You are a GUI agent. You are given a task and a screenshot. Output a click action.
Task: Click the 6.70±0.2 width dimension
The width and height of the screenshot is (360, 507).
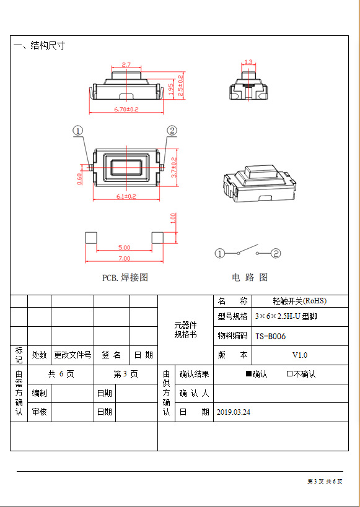(126, 110)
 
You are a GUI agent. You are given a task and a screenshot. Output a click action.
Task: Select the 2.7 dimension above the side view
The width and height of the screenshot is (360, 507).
(126, 64)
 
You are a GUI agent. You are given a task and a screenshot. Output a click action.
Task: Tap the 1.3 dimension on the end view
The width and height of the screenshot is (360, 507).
(248, 62)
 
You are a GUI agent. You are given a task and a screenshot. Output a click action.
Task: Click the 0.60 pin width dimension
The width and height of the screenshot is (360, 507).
(80, 179)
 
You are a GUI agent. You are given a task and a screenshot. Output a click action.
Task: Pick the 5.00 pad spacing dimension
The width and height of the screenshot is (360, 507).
(124, 248)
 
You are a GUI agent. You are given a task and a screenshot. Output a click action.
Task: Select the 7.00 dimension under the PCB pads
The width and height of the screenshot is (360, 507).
(124, 258)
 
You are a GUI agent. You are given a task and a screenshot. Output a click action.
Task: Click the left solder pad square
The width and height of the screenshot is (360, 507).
(90, 238)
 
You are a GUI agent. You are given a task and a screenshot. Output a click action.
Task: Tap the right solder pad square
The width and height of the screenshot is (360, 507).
(157, 238)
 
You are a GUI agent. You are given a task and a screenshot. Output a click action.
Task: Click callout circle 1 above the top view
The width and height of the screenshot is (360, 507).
(78, 131)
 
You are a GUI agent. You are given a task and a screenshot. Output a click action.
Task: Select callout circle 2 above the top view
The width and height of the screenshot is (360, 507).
(172, 131)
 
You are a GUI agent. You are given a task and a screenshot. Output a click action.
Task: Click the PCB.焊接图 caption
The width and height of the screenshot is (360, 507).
(125, 277)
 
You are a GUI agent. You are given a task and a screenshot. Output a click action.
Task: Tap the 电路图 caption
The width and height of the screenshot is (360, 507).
(250, 277)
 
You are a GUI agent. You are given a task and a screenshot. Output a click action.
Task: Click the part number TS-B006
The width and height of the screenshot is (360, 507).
(271, 336)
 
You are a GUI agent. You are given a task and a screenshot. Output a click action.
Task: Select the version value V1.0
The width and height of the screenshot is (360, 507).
(300, 355)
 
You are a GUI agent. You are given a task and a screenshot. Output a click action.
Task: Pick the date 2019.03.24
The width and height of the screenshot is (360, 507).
(234, 412)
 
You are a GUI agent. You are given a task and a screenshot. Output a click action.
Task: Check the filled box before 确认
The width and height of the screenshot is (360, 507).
(248, 374)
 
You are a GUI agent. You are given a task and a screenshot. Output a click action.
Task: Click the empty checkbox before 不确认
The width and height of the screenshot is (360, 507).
(289, 374)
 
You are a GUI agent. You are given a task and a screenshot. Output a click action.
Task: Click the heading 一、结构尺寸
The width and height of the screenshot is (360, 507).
(39, 45)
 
